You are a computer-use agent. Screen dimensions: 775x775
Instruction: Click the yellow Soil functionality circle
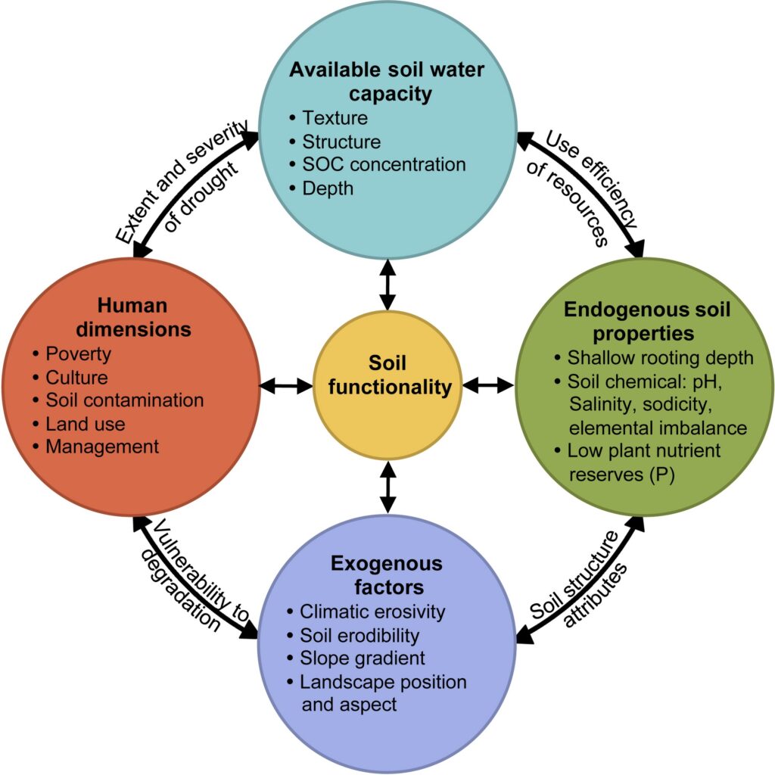pyautogui.click(x=387, y=385)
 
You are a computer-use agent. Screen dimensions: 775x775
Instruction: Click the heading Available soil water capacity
pyautogui.click(x=387, y=82)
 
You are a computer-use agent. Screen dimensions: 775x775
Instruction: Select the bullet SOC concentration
pyautogui.click(x=378, y=164)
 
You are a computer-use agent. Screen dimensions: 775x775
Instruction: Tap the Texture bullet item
pyautogui.click(x=328, y=118)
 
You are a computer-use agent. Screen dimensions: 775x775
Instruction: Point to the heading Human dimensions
pyautogui.click(x=133, y=317)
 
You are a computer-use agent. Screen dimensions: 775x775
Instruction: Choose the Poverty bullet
pyautogui.click(x=72, y=354)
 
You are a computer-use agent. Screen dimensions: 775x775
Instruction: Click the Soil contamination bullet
pyautogui.click(x=118, y=400)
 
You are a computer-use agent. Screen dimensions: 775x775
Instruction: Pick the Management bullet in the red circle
pyautogui.click(x=96, y=447)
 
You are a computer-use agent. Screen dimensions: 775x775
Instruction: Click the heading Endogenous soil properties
pyautogui.click(x=646, y=321)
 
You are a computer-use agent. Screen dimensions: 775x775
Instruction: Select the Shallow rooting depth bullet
pyautogui.click(x=654, y=358)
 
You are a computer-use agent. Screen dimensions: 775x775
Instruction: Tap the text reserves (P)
pyautogui.click(x=622, y=475)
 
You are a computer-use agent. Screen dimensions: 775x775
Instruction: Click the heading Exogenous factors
pyautogui.click(x=387, y=575)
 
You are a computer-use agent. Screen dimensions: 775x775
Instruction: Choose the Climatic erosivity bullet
pyautogui.click(x=366, y=612)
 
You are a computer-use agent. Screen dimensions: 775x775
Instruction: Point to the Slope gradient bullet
pyautogui.click(x=356, y=658)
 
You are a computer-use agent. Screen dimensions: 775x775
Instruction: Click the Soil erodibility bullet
pyautogui.click(x=353, y=635)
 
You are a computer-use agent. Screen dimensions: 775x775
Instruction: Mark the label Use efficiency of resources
pyautogui.click(x=582, y=188)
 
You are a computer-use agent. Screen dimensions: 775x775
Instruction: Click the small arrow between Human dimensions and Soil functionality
pyautogui.click(x=286, y=386)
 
